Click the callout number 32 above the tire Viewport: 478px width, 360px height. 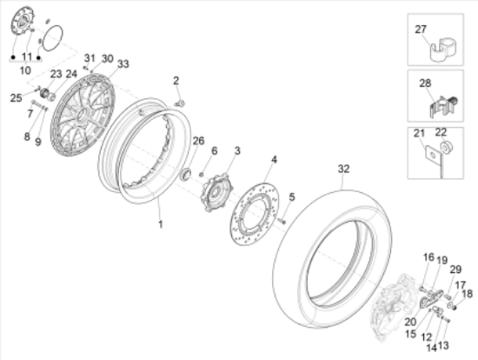point(343,169)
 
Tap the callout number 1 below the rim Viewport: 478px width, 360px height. point(161,224)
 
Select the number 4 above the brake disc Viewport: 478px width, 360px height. point(274,159)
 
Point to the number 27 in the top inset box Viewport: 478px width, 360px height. point(421,30)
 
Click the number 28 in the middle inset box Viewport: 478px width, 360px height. point(425,83)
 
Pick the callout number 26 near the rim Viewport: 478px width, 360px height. point(198,141)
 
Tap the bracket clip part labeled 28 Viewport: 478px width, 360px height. point(444,107)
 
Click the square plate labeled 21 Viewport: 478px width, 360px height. point(430,154)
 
